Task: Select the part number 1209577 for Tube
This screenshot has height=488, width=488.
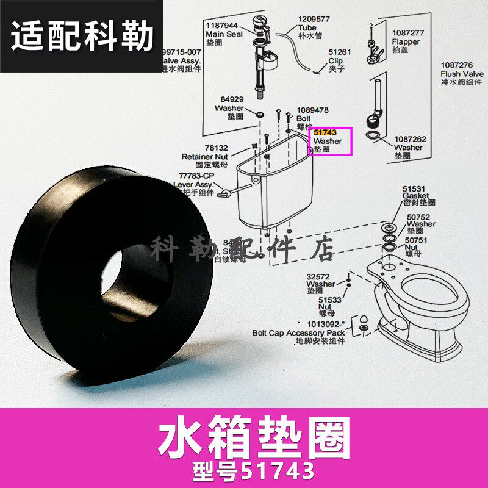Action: pos(314,20)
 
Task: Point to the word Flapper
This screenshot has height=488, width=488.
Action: pos(406,42)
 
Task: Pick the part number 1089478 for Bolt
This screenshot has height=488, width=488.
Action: pos(312,110)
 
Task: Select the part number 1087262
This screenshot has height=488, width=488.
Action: pos(410,139)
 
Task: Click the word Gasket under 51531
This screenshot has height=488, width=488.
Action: pos(415,196)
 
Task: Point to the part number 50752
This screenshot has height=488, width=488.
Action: pos(419,217)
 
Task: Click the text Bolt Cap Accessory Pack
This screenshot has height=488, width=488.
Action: pos(298,333)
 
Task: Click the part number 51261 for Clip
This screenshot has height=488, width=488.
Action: pos(339,53)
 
